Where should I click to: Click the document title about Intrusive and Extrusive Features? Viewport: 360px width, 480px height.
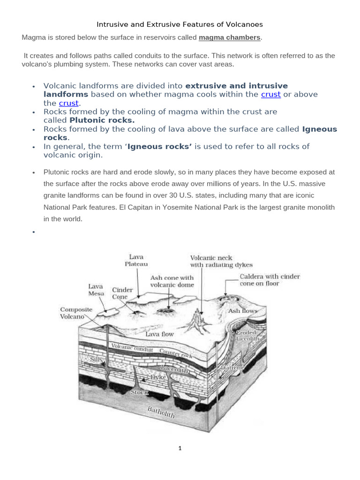pos(180,24)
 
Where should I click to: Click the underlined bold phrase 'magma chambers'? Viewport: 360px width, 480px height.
pos(229,37)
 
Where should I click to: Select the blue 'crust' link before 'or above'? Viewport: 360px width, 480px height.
pos(270,94)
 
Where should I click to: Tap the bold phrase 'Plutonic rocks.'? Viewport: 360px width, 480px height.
pos(102,120)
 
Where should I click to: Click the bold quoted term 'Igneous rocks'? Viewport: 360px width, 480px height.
pos(160,147)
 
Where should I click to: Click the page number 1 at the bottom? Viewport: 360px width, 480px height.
pos(180,448)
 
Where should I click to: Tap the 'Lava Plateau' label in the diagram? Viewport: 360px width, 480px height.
pos(136,260)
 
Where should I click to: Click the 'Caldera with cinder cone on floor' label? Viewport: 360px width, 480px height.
pos(270,280)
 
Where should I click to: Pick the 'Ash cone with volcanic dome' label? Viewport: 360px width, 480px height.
pos(172,281)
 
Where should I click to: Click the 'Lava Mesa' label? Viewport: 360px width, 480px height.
pos(96,290)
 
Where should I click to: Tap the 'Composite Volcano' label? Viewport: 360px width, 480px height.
pos(76,313)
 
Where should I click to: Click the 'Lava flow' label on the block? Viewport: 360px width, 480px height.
pos(159,334)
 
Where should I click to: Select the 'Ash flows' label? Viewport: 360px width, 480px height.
pos(242,311)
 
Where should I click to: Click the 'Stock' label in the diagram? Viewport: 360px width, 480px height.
pos(139,392)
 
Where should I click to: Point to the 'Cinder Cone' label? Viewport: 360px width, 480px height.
pos(122,293)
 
